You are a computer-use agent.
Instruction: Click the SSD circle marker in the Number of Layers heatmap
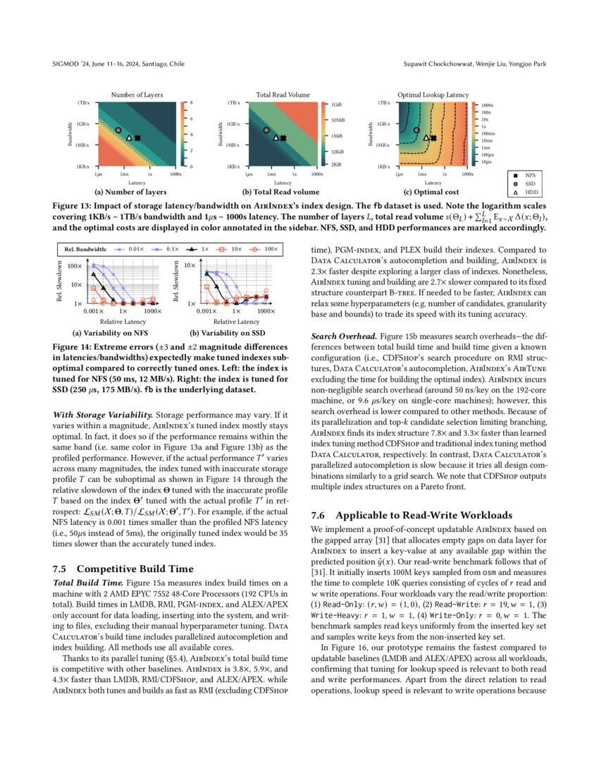tap(118, 131)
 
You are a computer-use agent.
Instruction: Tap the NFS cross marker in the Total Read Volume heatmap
tap(283, 138)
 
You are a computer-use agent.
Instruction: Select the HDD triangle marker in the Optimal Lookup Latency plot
tap(426, 138)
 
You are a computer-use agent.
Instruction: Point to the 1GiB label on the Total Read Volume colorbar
tap(337, 104)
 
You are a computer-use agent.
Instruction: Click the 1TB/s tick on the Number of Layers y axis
tap(83, 102)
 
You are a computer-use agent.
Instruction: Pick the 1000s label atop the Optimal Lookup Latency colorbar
tap(486, 104)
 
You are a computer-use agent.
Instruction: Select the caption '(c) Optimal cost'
tap(433, 192)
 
